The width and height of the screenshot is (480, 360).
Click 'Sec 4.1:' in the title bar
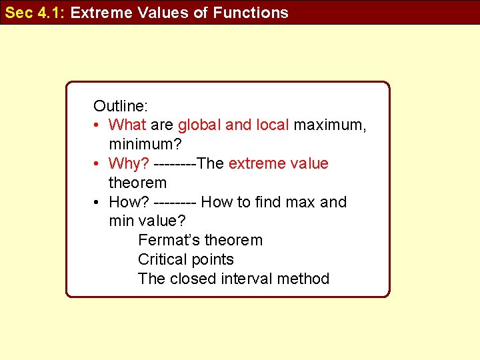(35, 12)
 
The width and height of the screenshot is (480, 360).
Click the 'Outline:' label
(121, 105)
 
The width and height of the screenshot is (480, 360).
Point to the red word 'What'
(127, 125)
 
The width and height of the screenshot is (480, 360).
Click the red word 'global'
(199, 125)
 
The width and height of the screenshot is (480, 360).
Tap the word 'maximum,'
(330, 125)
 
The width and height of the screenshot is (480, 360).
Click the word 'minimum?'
(145, 144)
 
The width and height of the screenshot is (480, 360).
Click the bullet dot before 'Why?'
(97, 164)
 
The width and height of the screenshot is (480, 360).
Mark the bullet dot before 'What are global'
(97, 125)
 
